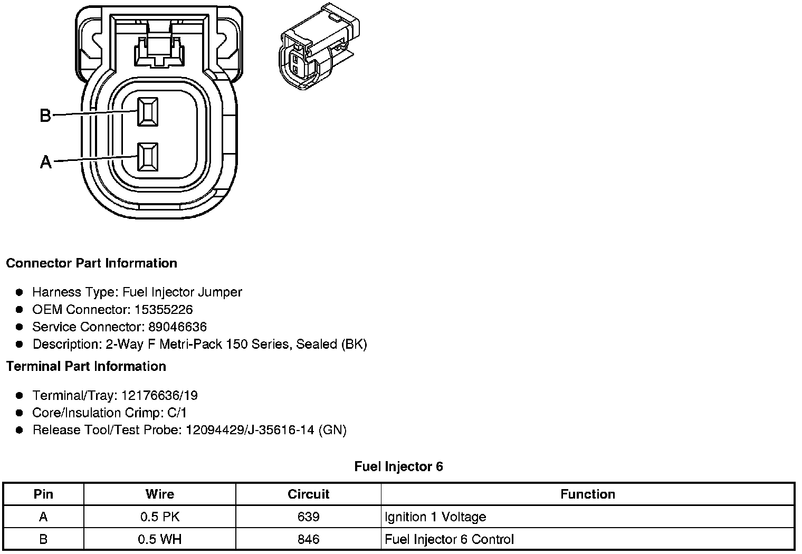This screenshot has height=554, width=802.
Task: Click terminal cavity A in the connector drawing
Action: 148,157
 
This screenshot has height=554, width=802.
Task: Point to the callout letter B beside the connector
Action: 46,115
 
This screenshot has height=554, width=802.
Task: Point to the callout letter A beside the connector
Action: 46,162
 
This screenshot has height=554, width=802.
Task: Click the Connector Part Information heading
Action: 91,263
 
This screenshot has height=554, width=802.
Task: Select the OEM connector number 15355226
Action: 164,309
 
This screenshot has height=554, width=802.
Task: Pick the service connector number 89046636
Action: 176,327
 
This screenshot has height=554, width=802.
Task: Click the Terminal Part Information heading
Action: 86,366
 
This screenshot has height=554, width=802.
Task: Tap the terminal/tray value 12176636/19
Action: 159,395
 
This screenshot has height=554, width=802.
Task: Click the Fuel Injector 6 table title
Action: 398,466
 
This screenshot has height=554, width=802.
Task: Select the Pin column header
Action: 43,494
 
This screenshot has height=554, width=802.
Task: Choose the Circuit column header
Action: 308,494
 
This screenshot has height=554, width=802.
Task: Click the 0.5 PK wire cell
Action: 159,517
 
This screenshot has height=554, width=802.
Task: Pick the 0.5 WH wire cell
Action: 159,539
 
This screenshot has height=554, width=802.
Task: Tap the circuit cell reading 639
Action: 308,517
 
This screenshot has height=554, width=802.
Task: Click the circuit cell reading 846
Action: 308,539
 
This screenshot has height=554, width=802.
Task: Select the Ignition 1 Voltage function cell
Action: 435,517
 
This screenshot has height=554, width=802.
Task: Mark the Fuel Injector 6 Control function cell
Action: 449,539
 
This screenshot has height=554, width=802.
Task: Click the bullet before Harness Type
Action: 20,292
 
